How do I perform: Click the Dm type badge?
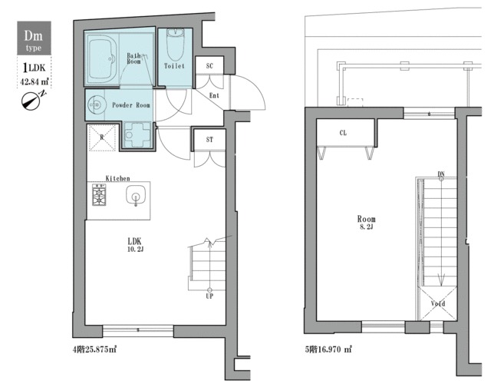coord(34,38)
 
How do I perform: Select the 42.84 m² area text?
coord(34,82)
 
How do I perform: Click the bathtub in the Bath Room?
coord(102,58)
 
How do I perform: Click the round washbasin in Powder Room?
coord(95,104)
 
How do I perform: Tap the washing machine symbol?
coord(137,135)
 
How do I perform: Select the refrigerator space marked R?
coord(102,137)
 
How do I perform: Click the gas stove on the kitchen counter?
coord(99,194)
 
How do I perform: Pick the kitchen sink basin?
coord(136,195)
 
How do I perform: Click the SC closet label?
coord(209,66)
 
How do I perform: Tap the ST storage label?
coord(209,140)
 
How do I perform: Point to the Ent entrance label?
coord(214,95)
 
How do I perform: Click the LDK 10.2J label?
coord(135,244)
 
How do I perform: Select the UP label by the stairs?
coord(209,296)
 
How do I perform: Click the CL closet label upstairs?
coord(343,133)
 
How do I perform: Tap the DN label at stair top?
coord(441,174)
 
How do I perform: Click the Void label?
coord(438,303)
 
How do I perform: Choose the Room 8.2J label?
coord(367,222)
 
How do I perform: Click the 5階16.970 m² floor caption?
coord(328,349)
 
